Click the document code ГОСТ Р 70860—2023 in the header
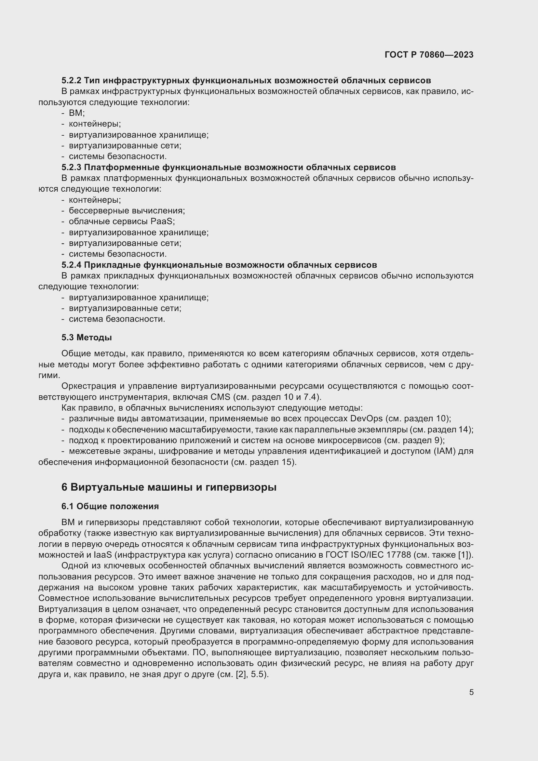[x=429, y=55]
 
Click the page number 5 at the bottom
[x=471, y=692]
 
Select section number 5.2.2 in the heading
[x=71, y=80]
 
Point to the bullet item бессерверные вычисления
[x=127, y=211]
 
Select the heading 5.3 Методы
[x=87, y=337]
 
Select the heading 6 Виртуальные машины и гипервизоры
[x=168, y=487]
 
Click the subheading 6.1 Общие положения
[x=110, y=506]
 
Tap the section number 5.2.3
[x=71, y=167]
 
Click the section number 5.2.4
[x=71, y=265]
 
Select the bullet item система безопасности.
[x=117, y=319]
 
